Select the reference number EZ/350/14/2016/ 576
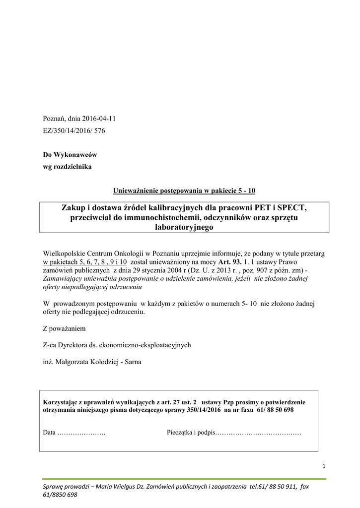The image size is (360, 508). tap(74, 131)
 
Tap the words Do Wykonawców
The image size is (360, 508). tap(70, 155)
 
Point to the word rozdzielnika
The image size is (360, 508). tap(73, 167)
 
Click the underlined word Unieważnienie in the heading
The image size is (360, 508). tap(138, 190)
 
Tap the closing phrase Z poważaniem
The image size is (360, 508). tap(65, 328)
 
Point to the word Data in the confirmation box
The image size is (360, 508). tap(49, 433)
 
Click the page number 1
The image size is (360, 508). tap(323, 466)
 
